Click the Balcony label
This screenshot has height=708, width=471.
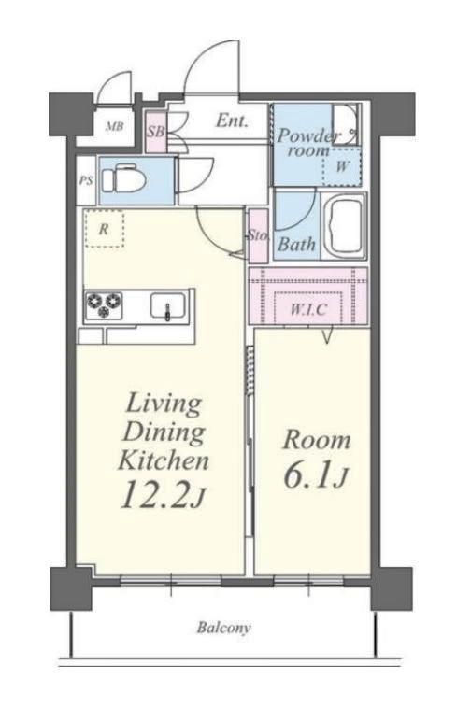point(223,628)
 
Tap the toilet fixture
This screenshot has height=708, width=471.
point(123,180)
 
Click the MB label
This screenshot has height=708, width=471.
point(114,127)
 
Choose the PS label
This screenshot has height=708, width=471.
point(86,180)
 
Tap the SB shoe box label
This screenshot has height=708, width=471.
point(156,133)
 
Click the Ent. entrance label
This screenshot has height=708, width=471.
point(232,120)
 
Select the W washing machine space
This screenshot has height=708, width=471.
point(342,166)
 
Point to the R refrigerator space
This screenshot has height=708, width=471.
point(104,229)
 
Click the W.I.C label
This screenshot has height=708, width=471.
point(308,310)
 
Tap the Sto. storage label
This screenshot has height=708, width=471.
point(258,235)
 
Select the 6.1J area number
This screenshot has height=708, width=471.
point(316,474)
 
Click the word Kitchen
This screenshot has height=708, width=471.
point(164,460)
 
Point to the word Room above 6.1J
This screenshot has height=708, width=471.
point(317,440)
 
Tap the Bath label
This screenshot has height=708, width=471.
point(296,245)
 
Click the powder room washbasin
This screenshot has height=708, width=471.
point(346,124)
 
